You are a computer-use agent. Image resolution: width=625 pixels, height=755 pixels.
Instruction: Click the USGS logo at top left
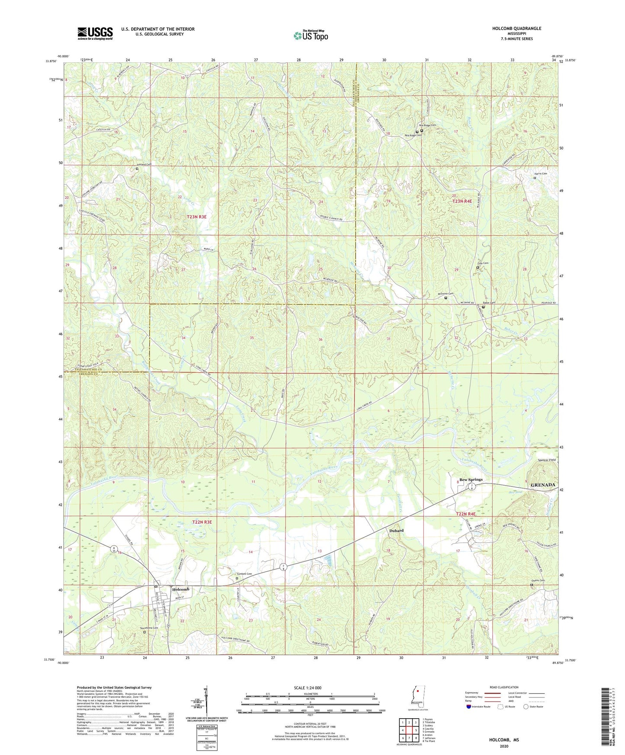95,33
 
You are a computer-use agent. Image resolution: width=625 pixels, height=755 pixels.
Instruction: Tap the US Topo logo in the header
311,35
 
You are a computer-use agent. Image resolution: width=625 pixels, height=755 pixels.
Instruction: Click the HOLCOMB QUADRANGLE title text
516,29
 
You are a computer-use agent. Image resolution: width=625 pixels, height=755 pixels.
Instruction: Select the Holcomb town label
181,589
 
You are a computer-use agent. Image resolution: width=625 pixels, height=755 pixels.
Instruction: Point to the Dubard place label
396,530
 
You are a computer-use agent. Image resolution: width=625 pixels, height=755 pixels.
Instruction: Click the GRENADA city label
542,485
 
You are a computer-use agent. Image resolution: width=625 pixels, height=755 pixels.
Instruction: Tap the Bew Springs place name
471,480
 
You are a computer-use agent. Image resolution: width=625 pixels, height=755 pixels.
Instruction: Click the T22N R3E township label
202,522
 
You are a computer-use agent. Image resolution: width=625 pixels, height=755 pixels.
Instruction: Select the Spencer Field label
547,460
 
